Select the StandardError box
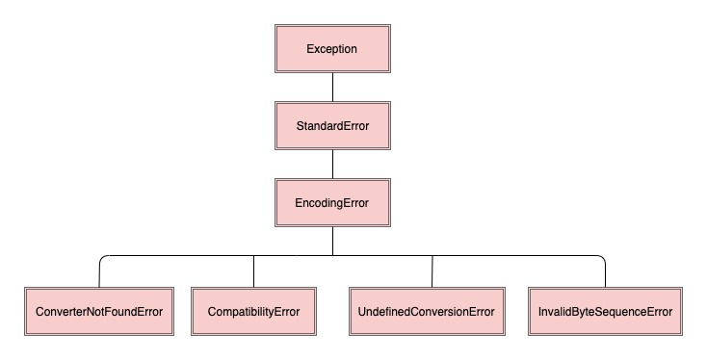[x=332, y=126]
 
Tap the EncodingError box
[x=332, y=202]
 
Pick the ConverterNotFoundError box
[x=98, y=312]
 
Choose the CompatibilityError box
[x=253, y=312]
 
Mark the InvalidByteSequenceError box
[x=605, y=312]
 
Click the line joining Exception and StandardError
[x=332, y=88]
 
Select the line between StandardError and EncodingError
[x=332, y=164]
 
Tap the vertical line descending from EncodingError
[x=332, y=241]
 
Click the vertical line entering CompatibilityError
[x=253, y=271]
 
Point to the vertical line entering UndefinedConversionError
[x=432, y=271]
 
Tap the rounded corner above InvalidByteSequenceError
[x=602, y=258]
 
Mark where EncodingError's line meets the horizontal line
[x=332, y=255]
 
